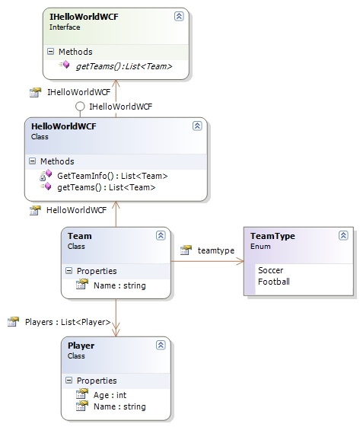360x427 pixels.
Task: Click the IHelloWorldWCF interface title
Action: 84,17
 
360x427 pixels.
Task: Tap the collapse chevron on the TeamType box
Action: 343,235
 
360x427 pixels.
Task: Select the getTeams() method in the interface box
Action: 124,66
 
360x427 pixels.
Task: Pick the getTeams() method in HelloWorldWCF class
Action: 107,187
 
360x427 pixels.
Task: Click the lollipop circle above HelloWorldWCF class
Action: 80,107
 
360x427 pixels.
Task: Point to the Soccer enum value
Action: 270,270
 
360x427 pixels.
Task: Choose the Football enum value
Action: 274,282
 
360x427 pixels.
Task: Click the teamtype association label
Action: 216,250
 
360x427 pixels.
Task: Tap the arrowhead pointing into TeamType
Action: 241,261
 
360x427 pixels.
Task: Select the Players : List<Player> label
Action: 68,322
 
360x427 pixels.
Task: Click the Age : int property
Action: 110,395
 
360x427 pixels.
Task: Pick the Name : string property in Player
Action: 119,406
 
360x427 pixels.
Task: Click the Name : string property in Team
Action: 119,285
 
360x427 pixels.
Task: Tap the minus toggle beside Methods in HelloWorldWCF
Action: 32,161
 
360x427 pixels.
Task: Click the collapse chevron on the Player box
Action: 161,345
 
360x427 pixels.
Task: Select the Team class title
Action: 79,236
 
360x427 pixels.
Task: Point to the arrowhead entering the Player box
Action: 116,332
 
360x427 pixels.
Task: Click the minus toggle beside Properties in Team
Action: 69,270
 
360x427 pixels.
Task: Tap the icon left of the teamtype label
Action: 186,250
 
